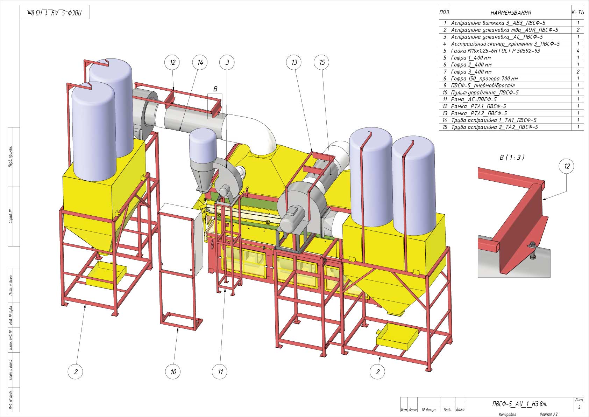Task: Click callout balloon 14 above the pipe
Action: pyautogui.click(x=200, y=62)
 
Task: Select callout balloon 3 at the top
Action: pyautogui.click(x=227, y=62)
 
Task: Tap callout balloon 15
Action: pyautogui.click(x=321, y=62)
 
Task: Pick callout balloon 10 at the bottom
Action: pyautogui.click(x=173, y=372)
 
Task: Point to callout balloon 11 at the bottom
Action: pyautogui.click(x=220, y=372)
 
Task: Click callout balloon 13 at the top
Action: pyautogui.click(x=294, y=62)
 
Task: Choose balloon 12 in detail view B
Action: pyautogui.click(x=566, y=166)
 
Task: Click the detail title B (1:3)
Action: pyautogui.click(x=512, y=158)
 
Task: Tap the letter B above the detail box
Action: pyautogui.click(x=215, y=89)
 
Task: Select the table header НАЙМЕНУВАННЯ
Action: pyautogui.click(x=511, y=13)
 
